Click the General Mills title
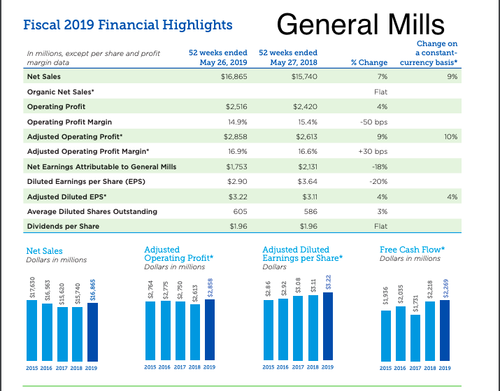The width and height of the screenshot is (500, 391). tap(360, 25)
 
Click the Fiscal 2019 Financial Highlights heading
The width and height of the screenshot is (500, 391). tap(128, 25)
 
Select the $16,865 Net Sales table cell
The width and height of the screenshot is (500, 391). tap(233, 76)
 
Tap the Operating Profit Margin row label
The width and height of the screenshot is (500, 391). tap(64, 122)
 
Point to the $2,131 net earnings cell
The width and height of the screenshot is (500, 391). tap(306, 166)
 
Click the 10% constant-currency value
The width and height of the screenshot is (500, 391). tap(450, 136)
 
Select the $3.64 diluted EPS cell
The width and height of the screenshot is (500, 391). tap(306, 181)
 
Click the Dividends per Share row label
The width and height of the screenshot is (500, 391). tap(63, 227)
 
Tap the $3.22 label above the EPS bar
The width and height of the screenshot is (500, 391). tap(328, 279)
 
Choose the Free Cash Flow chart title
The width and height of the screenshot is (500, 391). tap(413, 250)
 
